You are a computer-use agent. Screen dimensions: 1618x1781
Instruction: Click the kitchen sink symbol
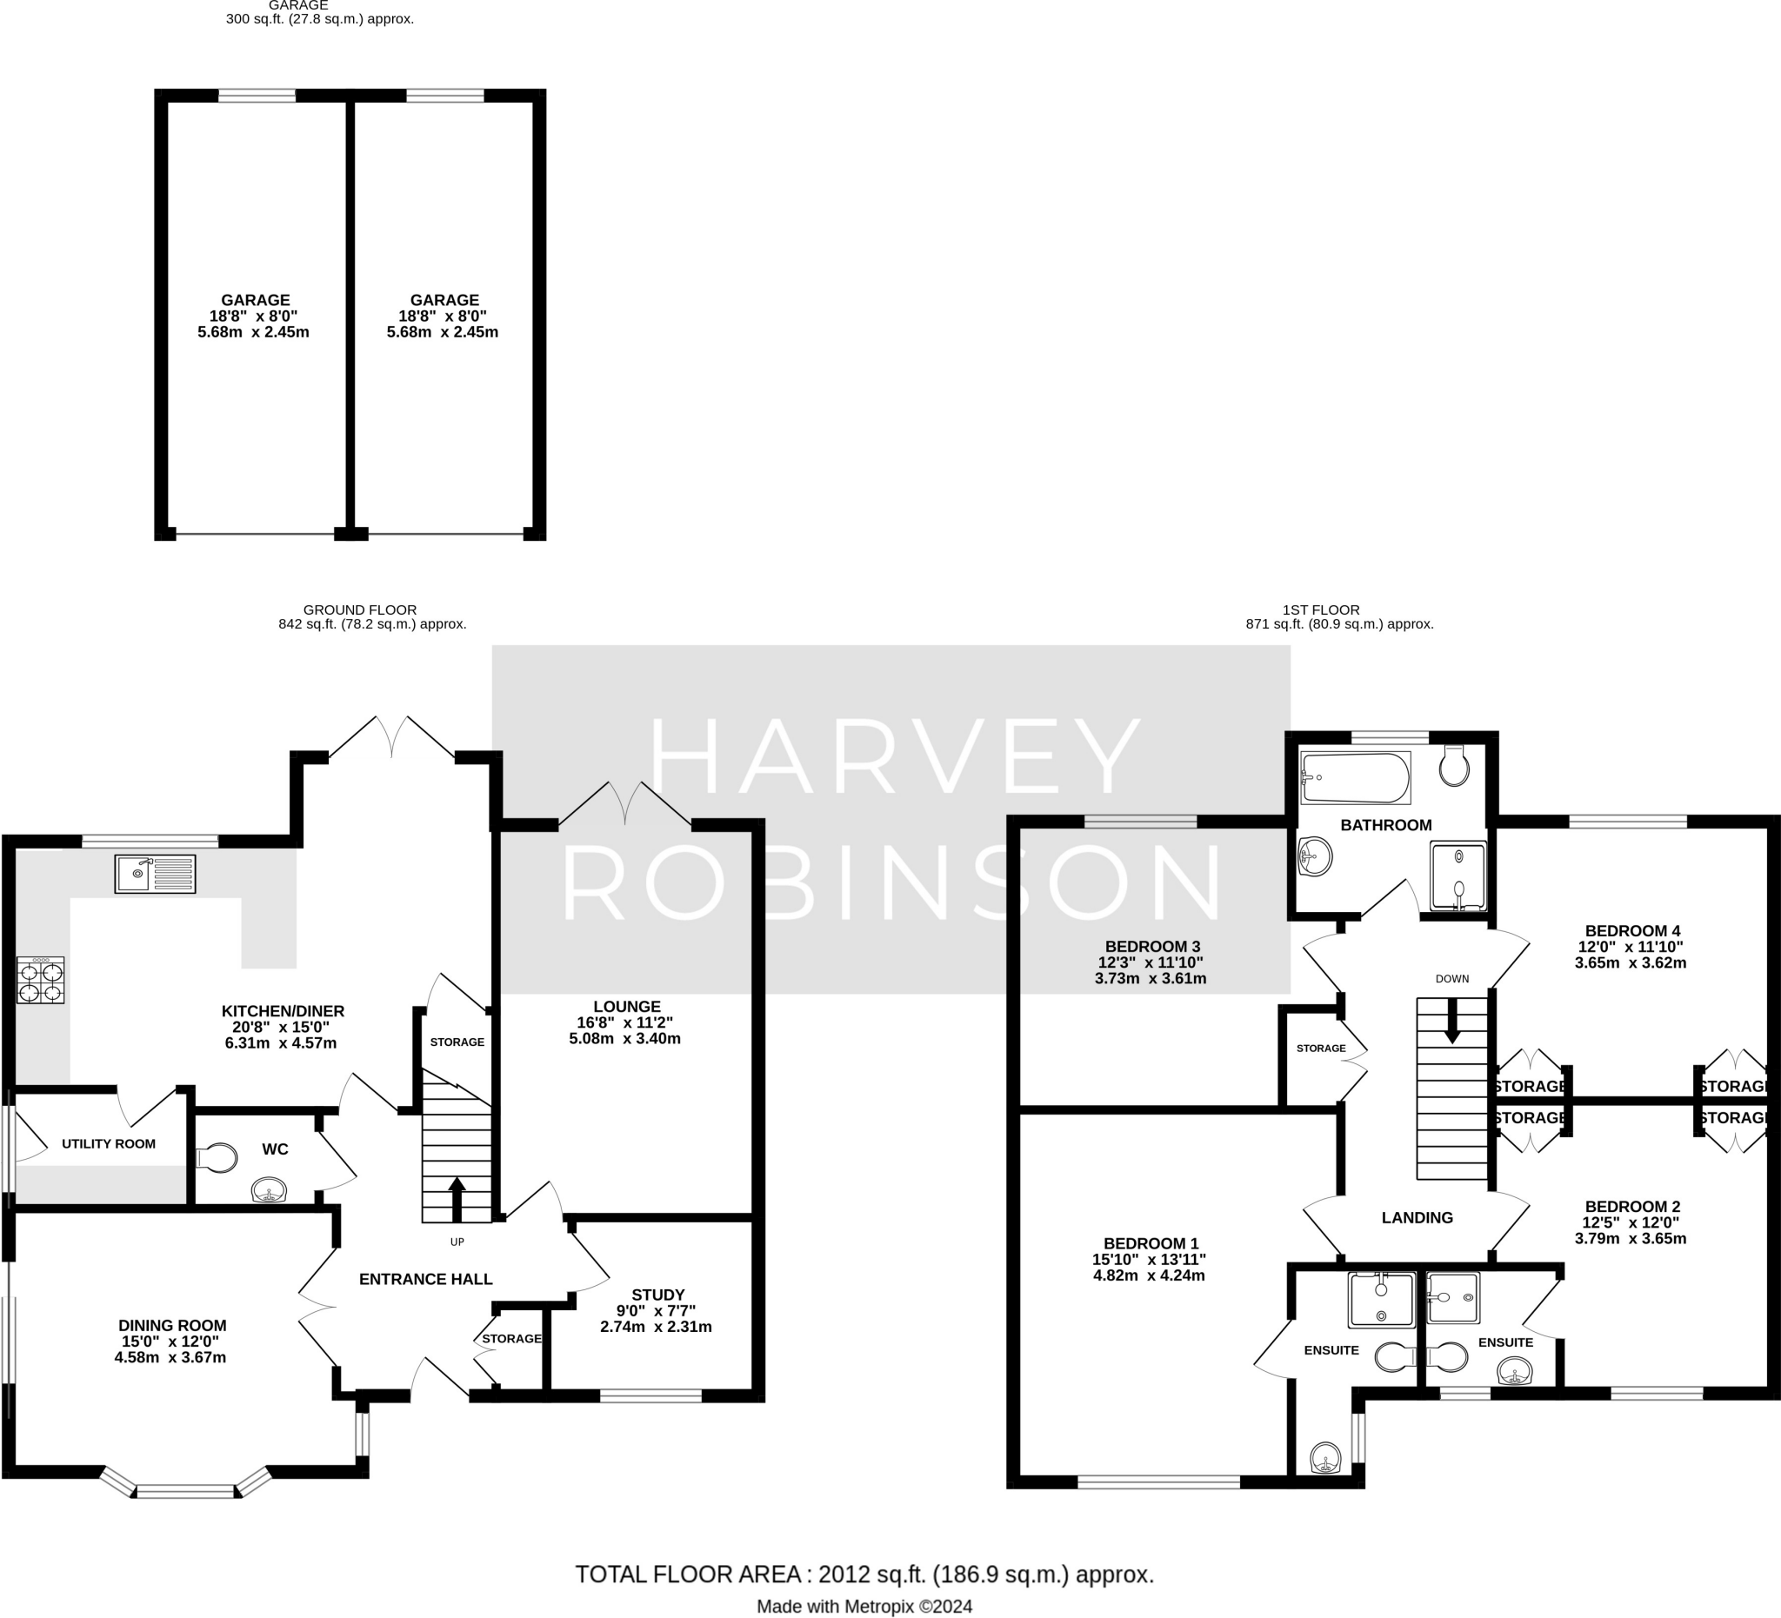(x=155, y=874)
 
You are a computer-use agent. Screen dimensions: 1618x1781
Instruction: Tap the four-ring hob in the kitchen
(x=41, y=981)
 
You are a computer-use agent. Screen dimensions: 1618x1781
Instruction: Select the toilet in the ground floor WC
(x=217, y=1158)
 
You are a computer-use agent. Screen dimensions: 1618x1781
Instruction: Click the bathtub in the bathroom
(x=1355, y=777)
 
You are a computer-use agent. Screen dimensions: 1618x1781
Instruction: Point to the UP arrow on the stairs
(x=457, y=1197)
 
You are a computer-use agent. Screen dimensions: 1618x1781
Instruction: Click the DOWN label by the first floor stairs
(x=1451, y=979)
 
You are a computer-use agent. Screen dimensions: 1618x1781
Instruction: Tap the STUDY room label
(x=657, y=1295)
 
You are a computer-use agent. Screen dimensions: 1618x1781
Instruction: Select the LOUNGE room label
(x=626, y=1006)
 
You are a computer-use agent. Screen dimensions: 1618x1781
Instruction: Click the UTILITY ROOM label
(x=109, y=1143)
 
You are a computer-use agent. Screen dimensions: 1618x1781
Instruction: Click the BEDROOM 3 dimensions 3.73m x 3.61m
(x=1150, y=979)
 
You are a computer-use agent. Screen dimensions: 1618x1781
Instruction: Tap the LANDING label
(x=1416, y=1217)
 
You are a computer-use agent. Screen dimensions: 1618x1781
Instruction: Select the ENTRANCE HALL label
(x=425, y=1279)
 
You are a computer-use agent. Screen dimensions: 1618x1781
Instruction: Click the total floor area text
(x=864, y=1574)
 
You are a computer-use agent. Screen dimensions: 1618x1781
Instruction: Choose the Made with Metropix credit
(x=864, y=1607)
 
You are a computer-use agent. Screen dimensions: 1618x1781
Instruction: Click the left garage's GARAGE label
(x=256, y=299)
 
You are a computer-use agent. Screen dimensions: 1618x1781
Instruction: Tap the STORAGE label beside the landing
(x=1321, y=1049)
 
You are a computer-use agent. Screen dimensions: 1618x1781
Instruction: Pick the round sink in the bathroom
(x=1316, y=856)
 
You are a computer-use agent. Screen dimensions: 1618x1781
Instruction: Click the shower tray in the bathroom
(x=1457, y=876)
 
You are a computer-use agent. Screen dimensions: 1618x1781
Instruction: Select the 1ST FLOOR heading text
(x=1320, y=609)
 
